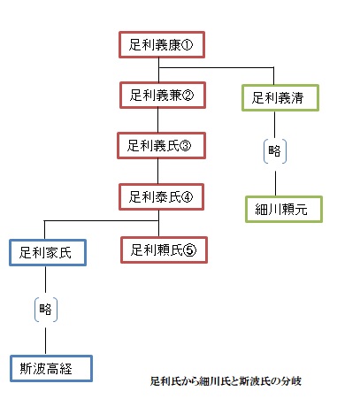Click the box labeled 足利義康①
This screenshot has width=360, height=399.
pos(162,45)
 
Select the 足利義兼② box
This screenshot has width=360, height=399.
pos(163,96)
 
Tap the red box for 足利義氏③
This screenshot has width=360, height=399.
pos(161,146)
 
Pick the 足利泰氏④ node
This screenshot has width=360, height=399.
pos(161,197)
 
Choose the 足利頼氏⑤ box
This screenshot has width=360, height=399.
pos(164,250)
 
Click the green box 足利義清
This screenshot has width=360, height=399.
pos(280,98)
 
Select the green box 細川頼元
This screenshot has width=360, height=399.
pos(284,209)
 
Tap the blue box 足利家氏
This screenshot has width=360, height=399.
pos(48,253)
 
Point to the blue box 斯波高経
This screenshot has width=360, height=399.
pos(51,369)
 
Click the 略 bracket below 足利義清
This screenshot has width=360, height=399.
pos(275,151)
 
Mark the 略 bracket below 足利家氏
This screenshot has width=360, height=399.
pos(46,310)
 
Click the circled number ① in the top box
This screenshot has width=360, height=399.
pos(187,45)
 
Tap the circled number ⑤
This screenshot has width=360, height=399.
pos(189,250)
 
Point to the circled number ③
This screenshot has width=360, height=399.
pos(185,146)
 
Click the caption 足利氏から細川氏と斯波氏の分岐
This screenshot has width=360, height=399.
pos(226,381)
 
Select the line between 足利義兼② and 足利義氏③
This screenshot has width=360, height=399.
pos(157,120)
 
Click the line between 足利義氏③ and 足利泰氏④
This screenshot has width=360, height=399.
pos(157,172)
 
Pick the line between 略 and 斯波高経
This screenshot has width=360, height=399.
pos(45,341)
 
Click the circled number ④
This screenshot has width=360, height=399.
pos(187,197)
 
